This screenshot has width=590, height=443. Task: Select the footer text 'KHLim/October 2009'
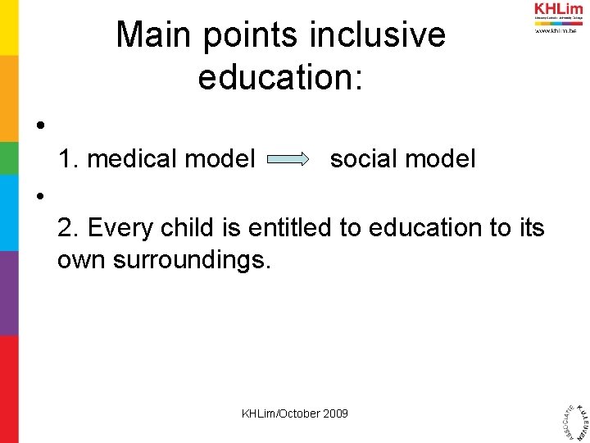tap(294, 413)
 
